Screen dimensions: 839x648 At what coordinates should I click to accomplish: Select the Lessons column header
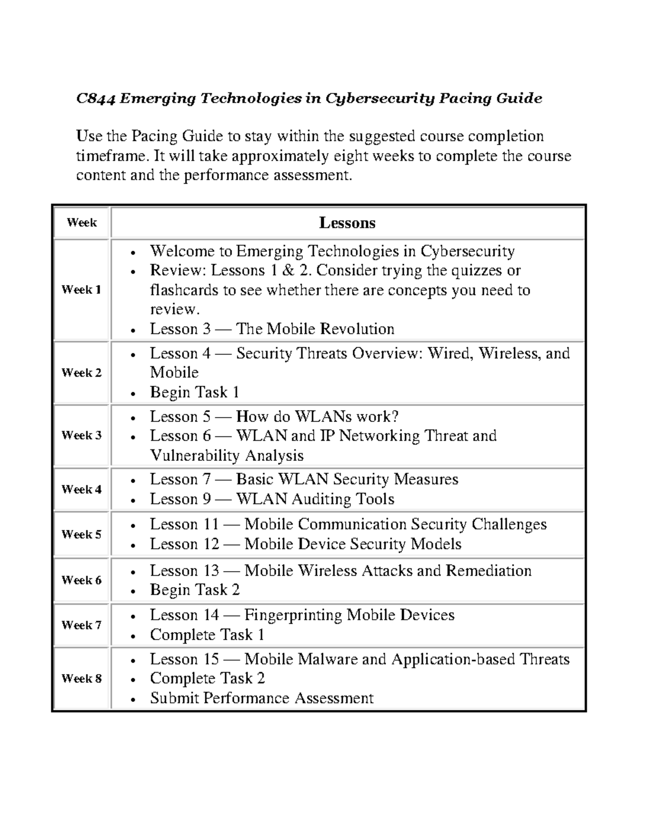(347, 223)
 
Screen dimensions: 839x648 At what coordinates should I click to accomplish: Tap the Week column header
(82, 223)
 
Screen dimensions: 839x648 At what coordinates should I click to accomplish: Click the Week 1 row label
(82, 290)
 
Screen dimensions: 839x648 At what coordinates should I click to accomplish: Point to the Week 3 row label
(82, 435)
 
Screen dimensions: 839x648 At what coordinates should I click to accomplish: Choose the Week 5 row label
(82, 534)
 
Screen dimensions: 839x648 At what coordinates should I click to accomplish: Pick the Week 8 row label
(82, 679)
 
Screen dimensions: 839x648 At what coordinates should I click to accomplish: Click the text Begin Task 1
(194, 392)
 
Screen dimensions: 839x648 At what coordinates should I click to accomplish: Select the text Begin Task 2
(194, 590)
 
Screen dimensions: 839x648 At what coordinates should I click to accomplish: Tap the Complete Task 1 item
(207, 635)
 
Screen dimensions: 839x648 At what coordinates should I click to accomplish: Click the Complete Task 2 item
(207, 679)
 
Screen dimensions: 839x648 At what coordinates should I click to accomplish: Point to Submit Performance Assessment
(261, 698)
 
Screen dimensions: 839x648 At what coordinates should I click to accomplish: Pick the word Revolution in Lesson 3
(357, 329)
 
